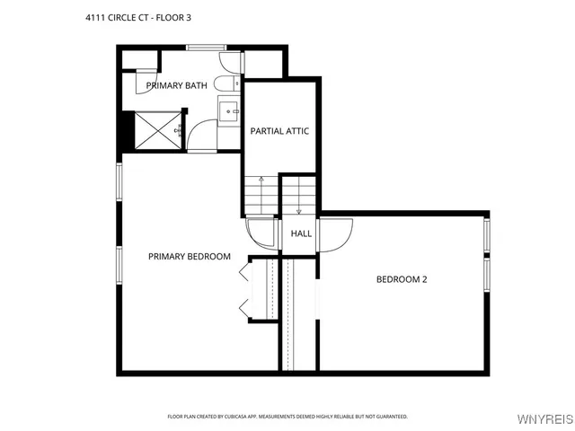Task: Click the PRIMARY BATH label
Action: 177,86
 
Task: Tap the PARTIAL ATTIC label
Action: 279,131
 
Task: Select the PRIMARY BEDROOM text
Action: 189,257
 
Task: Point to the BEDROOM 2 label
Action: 401,279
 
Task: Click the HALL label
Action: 301,233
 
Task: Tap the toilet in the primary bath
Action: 230,63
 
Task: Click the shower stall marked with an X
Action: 155,131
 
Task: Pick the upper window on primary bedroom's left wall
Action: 119,184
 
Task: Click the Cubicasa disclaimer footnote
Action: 287,417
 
